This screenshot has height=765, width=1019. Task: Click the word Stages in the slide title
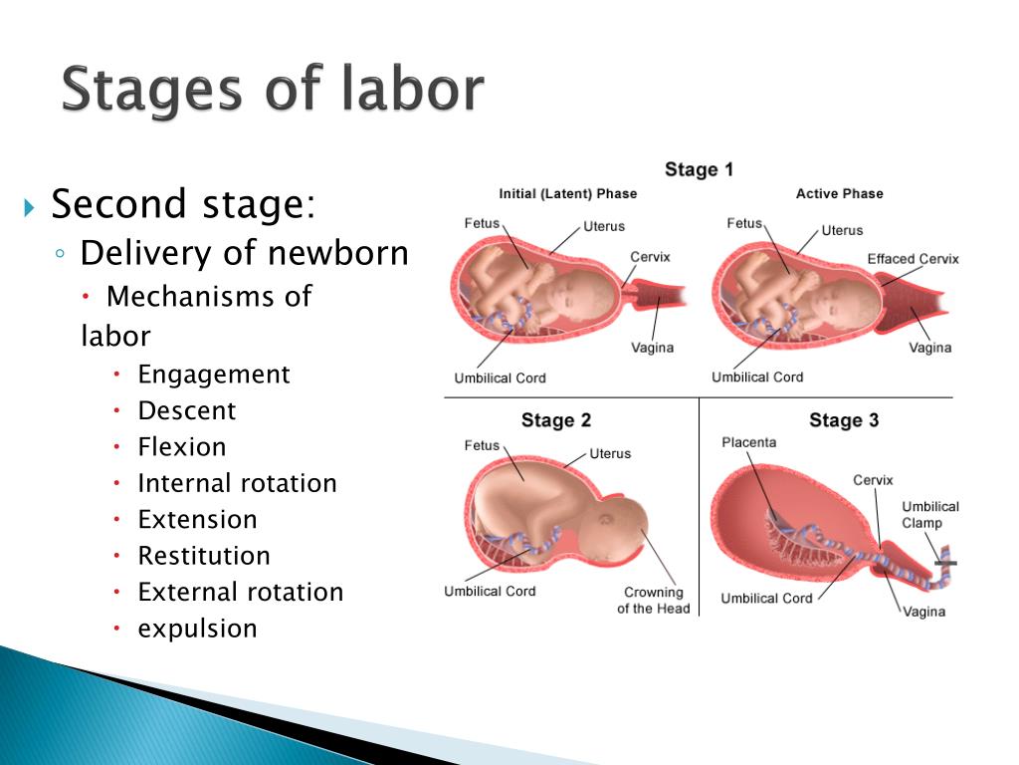tap(152, 90)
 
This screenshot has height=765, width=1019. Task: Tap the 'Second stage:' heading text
tap(183, 203)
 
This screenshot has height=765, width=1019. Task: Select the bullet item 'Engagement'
tap(214, 375)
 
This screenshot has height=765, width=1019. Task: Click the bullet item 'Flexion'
tap(182, 447)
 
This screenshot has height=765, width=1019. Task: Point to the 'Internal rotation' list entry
tap(237, 483)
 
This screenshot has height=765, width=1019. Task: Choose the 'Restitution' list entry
tap(204, 556)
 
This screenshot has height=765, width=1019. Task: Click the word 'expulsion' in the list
tap(198, 630)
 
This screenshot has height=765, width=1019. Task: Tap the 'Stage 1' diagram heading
tap(699, 169)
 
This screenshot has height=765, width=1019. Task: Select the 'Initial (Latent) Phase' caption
tap(568, 194)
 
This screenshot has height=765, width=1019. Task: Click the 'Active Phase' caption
tap(840, 194)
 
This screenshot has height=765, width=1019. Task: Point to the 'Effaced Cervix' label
tap(914, 259)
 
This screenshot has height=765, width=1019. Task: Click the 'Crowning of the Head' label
tap(654, 601)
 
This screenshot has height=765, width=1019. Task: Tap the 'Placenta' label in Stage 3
tap(748, 442)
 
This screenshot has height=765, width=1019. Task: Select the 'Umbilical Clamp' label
tap(930, 515)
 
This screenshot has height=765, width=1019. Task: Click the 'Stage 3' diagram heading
tap(844, 420)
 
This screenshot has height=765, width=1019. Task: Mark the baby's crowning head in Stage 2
tap(615, 529)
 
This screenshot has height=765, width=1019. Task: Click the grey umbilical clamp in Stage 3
tap(945, 562)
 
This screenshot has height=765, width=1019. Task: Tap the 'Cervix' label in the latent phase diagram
tap(650, 257)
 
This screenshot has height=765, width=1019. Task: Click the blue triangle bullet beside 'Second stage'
tap(29, 208)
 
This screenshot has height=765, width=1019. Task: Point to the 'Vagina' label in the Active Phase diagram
tap(930, 348)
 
